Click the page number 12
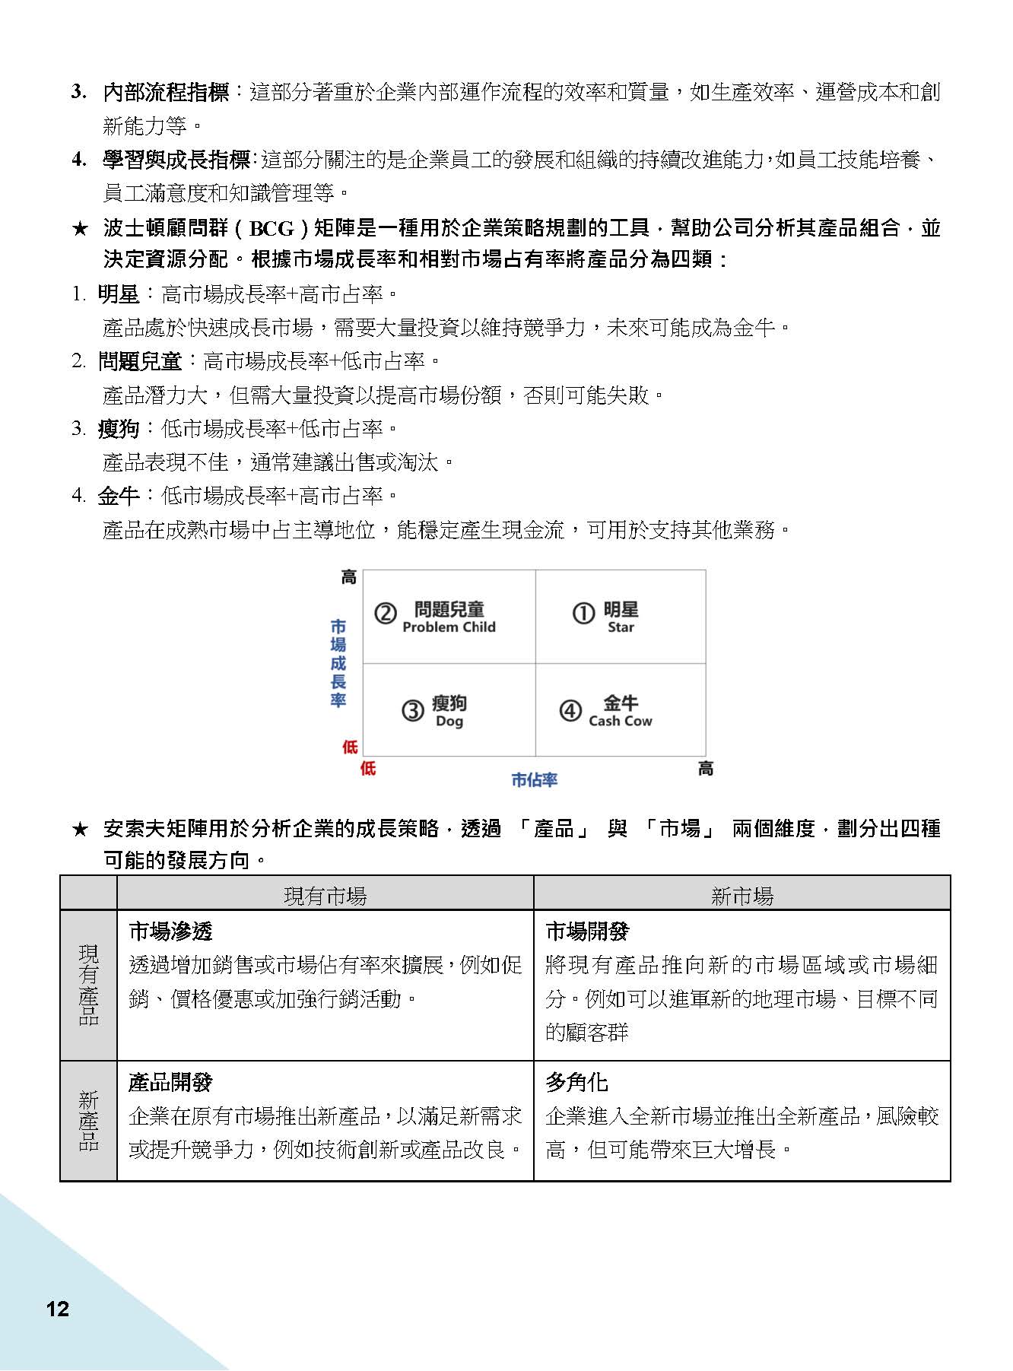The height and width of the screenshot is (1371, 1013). [58, 1309]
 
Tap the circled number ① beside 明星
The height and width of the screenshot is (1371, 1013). [583, 613]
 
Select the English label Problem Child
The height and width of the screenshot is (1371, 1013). [449, 627]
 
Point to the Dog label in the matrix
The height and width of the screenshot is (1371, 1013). [449, 721]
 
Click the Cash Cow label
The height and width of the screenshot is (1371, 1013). [620, 721]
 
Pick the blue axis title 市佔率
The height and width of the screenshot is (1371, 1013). [534, 779]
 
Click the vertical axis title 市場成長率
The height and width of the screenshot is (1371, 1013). [338, 663]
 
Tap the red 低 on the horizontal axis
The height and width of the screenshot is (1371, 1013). [368, 768]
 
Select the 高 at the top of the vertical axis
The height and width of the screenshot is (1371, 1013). [348, 577]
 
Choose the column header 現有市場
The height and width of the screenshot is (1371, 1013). [325, 896]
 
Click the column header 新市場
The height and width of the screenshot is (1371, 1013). [741, 896]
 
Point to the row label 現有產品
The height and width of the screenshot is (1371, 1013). [88, 985]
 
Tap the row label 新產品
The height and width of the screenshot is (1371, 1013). [88, 1120]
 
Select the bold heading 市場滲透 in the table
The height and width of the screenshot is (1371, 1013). [170, 931]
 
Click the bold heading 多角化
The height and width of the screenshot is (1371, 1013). [576, 1082]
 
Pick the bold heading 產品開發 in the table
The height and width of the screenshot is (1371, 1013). [170, 1082]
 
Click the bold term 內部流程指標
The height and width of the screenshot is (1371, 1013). [166, 93]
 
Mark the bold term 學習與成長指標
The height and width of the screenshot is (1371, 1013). [176, 160]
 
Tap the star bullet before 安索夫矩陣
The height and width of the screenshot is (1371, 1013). [80, 829]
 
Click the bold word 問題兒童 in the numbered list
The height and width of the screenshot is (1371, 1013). [140, 361]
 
